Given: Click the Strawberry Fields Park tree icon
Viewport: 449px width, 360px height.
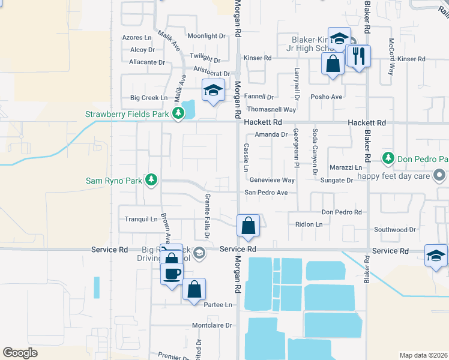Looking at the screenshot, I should [178, 113].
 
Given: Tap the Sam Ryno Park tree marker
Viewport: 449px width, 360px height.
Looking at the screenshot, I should [152, 179].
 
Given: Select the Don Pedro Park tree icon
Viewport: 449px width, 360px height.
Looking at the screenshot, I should [388, 158].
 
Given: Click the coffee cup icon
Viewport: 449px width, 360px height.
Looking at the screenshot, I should [172, 274].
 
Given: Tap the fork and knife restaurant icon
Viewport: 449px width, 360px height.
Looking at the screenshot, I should [359, 56].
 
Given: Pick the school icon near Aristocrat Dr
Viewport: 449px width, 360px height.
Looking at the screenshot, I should [213, 91].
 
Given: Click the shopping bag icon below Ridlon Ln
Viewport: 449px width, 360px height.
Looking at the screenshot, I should [248, 226].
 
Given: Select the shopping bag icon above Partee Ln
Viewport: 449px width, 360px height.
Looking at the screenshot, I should [194, 289].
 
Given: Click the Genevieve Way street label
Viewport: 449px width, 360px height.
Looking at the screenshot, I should [272, 180].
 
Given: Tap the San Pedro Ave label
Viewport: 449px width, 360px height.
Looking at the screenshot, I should [266, 193].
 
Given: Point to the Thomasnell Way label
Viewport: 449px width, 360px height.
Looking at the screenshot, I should [272, 110].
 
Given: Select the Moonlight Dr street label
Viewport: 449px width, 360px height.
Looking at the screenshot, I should [206, 36].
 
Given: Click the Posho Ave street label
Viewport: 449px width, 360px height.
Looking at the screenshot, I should [326, 97].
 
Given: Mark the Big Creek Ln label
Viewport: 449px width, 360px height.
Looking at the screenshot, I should [149, 97].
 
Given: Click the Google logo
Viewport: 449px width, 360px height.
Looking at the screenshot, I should [20, 352].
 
